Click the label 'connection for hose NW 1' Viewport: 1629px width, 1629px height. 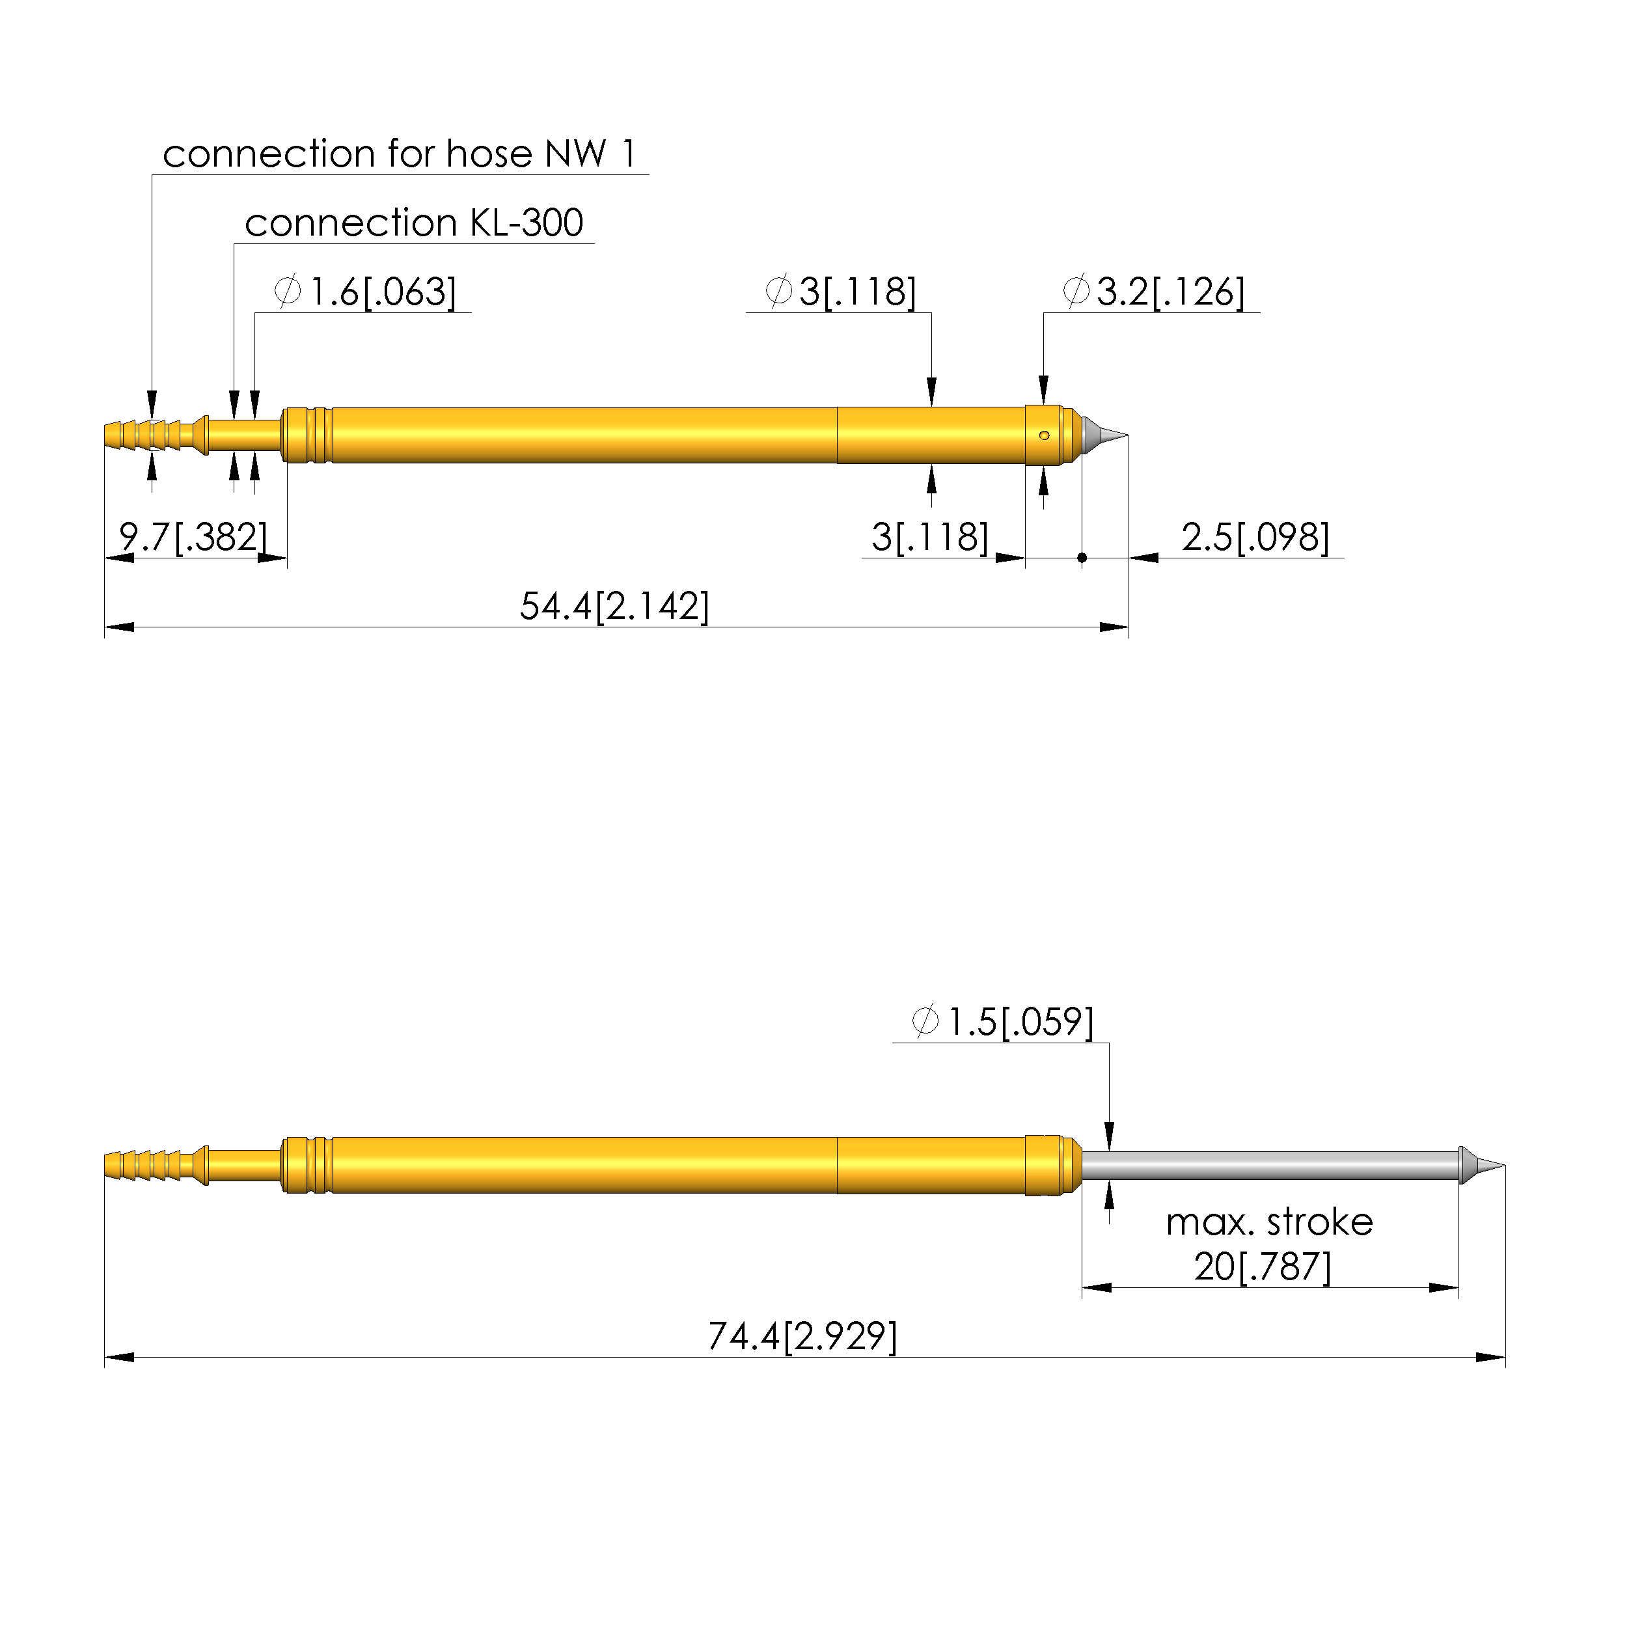399,154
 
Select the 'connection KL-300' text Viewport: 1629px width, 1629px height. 414,223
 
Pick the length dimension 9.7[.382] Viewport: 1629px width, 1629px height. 193,537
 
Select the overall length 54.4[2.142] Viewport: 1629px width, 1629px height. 614,606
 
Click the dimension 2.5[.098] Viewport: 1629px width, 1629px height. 1255,537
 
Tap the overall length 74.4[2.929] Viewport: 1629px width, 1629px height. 802,1336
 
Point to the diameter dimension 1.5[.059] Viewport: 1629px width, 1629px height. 1002,1022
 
